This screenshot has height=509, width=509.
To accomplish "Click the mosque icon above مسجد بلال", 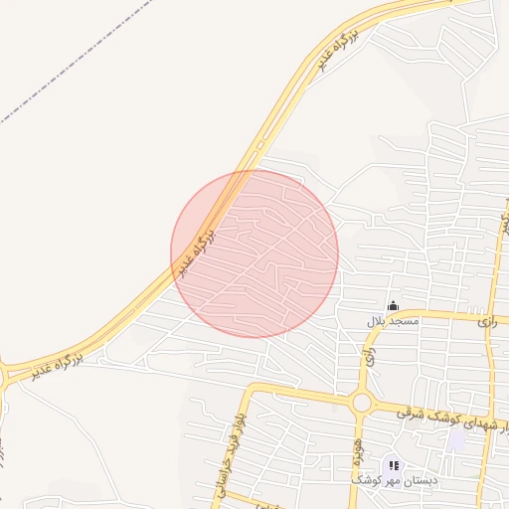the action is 393,306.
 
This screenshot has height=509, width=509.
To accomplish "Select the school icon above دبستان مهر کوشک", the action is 394,465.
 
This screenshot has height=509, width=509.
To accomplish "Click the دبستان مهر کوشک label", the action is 394,480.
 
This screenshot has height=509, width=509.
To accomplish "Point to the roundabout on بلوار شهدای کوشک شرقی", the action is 361,403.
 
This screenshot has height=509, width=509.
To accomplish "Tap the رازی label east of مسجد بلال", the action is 486,322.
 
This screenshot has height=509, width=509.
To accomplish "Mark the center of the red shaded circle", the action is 254,254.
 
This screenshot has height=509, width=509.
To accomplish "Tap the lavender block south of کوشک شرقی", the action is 457,438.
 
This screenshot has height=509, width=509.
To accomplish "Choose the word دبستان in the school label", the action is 420,480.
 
